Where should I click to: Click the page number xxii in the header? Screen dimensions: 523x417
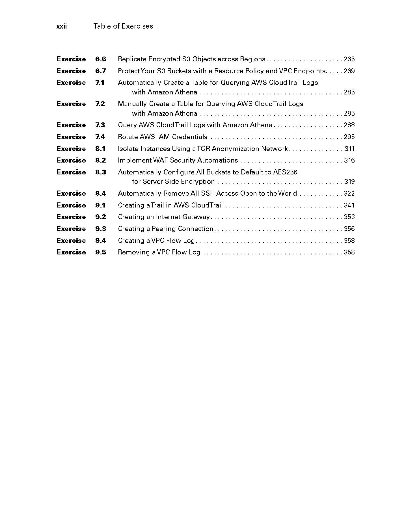click(62, 26)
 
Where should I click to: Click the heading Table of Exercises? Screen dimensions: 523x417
click(123, 26)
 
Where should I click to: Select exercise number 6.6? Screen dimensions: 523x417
click(100, 59)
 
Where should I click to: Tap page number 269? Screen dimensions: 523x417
click(349, 71)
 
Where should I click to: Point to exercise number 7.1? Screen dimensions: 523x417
click(100, 83)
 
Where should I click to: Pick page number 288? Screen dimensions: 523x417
click(349, 125)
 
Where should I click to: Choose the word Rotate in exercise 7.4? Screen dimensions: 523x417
click(127, 137)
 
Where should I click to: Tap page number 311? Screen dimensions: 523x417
click(349, 149)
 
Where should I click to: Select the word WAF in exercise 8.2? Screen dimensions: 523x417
click(161, 160)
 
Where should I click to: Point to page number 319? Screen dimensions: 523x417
click(349, 181)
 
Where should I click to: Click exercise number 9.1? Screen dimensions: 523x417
click(100, 205)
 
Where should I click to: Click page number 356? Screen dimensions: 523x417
click(349, 229)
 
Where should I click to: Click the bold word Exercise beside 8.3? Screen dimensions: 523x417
click(71, 172)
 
